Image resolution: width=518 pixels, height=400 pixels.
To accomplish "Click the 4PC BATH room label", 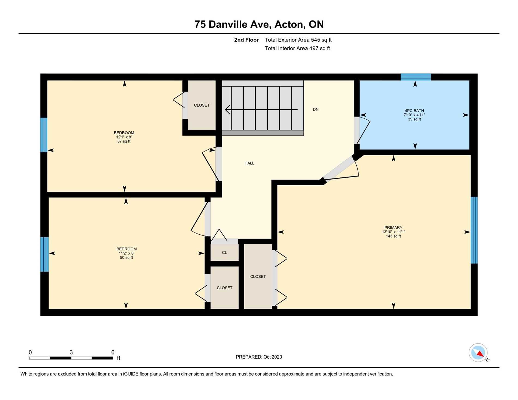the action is pyautogui.click(x=414, y=111).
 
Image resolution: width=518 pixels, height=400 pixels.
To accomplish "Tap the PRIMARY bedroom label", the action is pyautogui.click(x=393, y=228).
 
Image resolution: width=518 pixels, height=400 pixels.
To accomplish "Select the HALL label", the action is pyautogui.click(x=249, y=163).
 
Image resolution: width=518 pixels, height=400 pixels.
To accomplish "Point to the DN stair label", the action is pyautogui.click(x=315, y=110).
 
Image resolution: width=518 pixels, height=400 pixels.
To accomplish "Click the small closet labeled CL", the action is pyautogui.click(x=224, y=253).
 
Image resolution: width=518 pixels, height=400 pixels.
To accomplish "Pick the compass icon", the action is pyautogui.click(x=478, y=353).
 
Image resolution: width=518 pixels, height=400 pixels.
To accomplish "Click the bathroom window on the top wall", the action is pyautogui.click(x=415, y=77).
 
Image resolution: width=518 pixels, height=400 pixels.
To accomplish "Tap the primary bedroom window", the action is pyautogui.click(x=474, y=230).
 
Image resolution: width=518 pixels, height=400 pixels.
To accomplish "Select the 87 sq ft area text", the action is pyautogui.click(x=124, y=141).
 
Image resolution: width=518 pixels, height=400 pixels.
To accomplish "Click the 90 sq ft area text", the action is pyautogui.click(x=126, y=257).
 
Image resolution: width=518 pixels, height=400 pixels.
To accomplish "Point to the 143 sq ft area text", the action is pyautogui.click(x=393, y=236).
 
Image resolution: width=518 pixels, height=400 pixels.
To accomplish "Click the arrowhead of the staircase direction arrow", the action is pyautogui.click(x=227, y=110).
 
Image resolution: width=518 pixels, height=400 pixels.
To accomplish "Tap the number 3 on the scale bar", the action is pyautogui.click(x=71, y=352).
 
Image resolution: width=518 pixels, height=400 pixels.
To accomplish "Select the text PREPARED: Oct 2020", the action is pyautogui.click(x=259, y=357).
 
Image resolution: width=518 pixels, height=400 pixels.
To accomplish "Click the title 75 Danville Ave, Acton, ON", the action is pyautogui.click(x=259, y=24).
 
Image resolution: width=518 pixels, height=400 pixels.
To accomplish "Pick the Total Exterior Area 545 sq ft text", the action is pyautogui.click(x=298, y=40).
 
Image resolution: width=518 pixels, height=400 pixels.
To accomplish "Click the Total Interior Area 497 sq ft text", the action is pyautogui.click(x=297, y=48).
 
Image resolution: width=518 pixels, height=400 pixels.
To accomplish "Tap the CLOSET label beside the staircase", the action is pyautogui.click(x=201, y=105).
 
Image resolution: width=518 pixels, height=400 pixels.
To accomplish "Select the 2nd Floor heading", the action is pyautogui.click(x=246, y=40).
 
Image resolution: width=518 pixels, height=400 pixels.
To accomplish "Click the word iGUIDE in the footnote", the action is pyautogui.click(x=130, y=374).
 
